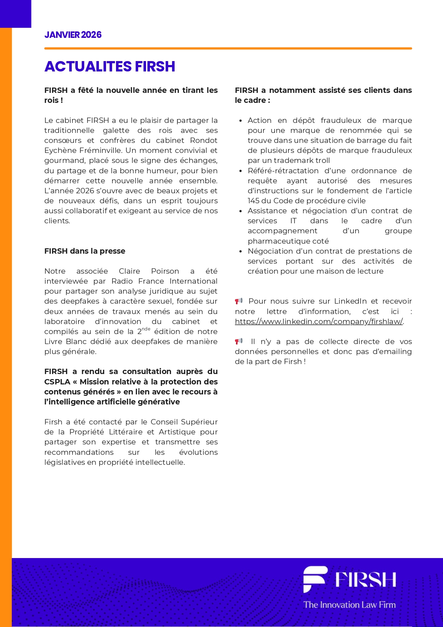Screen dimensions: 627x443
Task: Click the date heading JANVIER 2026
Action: [73, 35]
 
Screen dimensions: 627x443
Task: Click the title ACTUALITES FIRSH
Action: [110, 66]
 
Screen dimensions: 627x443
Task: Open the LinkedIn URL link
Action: [319, 322]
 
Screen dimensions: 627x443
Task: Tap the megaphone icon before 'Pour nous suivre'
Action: [239, 301]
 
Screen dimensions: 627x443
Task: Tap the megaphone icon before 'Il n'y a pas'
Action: [239, 341]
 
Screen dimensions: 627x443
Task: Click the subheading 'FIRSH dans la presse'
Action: [85, 251]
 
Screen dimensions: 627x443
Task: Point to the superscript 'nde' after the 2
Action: [146, 329]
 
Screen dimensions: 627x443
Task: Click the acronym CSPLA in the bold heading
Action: [57, 382]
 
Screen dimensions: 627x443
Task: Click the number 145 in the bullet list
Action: [254, 201]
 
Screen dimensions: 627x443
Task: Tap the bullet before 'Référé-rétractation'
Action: [241, 171]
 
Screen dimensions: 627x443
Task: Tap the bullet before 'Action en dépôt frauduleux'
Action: [241, 121]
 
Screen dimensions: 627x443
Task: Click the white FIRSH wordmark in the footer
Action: [366, 579]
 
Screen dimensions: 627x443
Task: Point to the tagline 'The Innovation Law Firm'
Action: [349, 604]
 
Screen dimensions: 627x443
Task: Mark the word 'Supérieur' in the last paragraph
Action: [200, 422]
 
